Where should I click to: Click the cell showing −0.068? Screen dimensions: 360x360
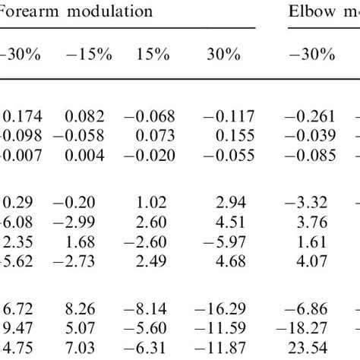(150, 115)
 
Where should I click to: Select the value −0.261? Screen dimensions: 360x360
(310, 115)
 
